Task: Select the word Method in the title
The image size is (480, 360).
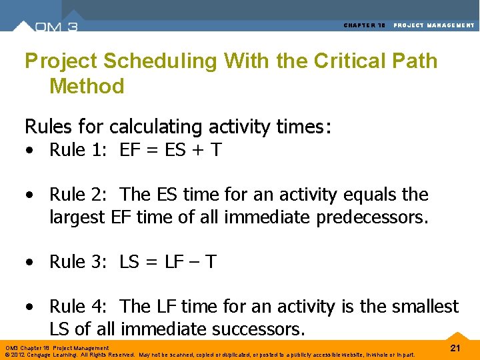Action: tap(87, 86)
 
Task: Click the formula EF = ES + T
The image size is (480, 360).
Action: tap(171, 151)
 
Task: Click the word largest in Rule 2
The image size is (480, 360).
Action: tap(77, 217)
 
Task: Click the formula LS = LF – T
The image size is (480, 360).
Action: tap(168, 262)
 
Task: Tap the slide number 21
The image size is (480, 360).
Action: tap(456, 348)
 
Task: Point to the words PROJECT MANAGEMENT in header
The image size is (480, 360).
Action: tap(434, 25)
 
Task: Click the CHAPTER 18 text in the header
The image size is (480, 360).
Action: tap(365, 25)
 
